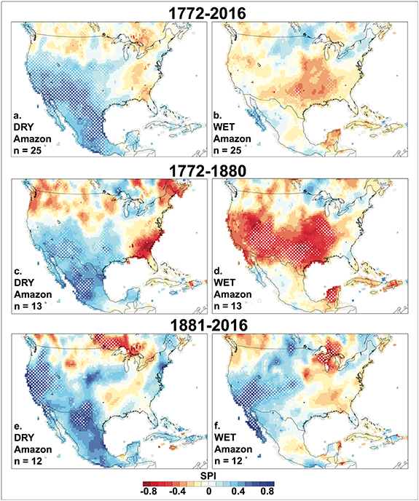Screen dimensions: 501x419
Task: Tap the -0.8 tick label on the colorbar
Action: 149,493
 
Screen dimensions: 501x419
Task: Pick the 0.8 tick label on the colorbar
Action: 267,493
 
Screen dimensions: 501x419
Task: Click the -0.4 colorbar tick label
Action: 179,493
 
